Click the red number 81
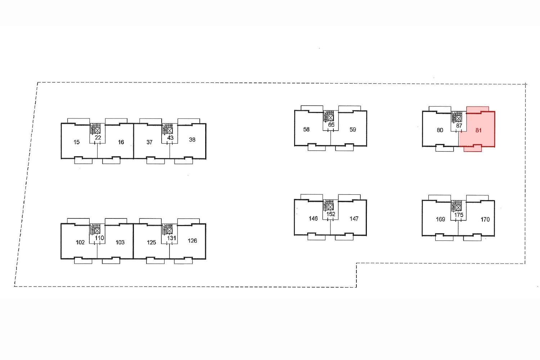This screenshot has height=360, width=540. point(478,130)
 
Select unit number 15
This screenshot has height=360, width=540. point(76,142)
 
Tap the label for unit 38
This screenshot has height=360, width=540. point(192,140)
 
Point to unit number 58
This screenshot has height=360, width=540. point(306,130)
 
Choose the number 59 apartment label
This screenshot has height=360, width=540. point(353,130)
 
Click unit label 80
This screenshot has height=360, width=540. point(440,130)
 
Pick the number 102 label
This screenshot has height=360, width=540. point(80,242)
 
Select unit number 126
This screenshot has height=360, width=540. point(192,240)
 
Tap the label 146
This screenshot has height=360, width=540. point(313,219)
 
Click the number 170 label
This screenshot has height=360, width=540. point(485,220)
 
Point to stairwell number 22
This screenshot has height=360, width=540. point(98,138)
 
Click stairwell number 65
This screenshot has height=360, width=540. point(331,125)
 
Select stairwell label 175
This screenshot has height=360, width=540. point(459,215)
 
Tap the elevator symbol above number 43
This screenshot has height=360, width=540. point(170,131)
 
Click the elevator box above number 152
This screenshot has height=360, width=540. point(330,207)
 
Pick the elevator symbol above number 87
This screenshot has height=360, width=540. point(459,119)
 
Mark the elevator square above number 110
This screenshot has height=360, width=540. point(97,231)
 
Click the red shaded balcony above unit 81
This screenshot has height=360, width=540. point(478,109)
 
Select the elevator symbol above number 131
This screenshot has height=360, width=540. point(170,231)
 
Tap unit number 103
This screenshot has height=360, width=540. point(120,242)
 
